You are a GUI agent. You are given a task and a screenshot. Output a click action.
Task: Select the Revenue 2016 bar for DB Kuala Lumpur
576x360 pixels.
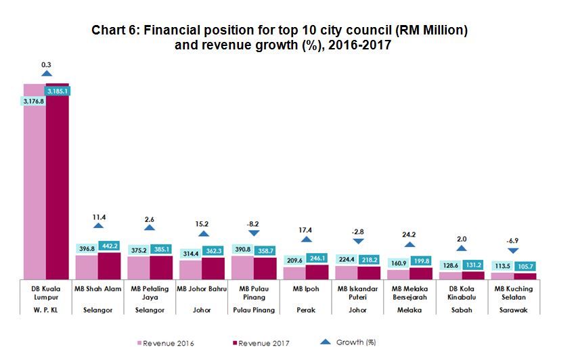click(34, 196)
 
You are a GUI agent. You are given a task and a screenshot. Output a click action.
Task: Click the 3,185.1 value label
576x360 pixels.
click(57, 90)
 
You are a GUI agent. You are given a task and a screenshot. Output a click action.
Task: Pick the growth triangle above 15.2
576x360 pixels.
click(202, 233)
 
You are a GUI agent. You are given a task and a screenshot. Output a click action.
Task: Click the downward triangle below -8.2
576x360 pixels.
click(254, 233)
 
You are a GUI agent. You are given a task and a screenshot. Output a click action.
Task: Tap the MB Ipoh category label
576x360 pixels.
click(306, 289)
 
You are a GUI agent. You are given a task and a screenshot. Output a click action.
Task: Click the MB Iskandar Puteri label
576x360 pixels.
click(358, 293)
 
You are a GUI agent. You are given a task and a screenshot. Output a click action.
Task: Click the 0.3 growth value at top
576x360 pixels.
click(47, 65)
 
